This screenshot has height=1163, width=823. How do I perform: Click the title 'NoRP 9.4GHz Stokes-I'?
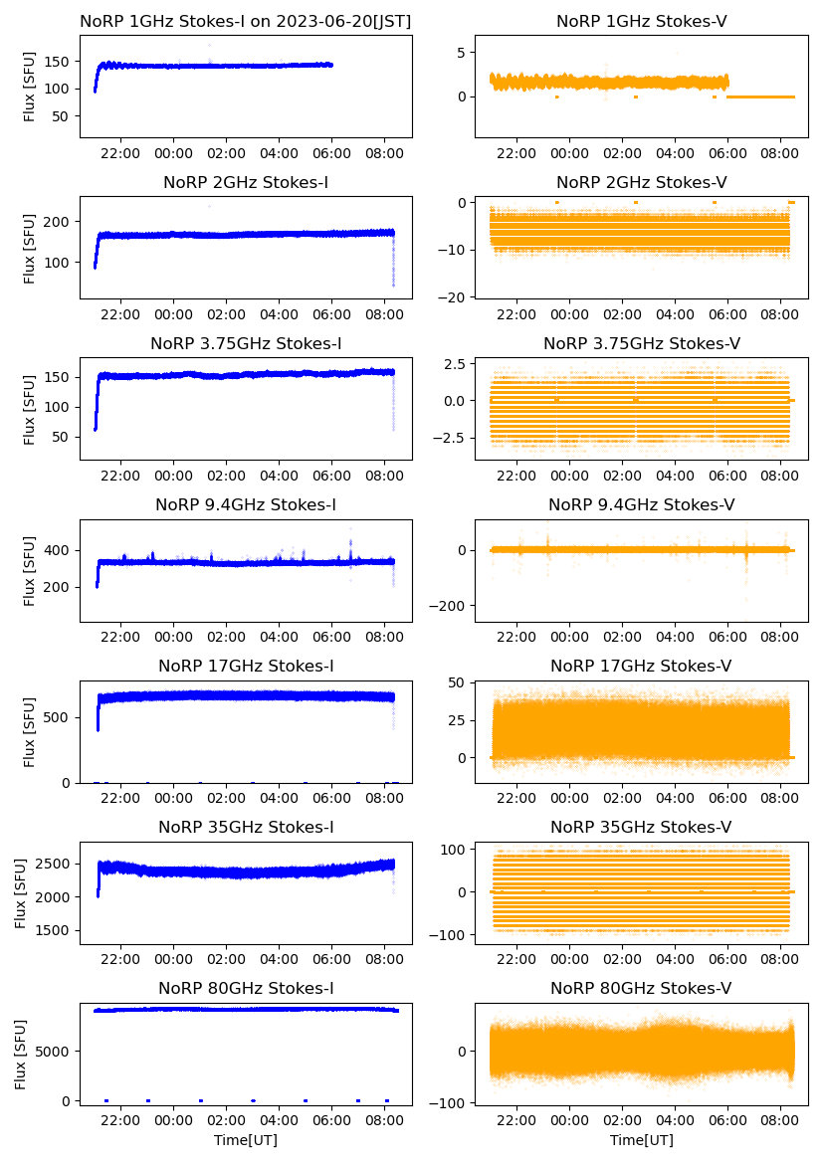pyautogui.click(x=246, y=504)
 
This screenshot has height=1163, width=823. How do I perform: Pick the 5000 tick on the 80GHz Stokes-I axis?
pyautogui.click(x=57, y=1051)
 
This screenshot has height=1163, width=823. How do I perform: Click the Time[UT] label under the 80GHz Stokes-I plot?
pyautogui.click(x=246, y=1140)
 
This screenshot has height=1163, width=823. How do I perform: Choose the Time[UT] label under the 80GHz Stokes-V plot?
pyautogui.click(x=641, y=1140)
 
